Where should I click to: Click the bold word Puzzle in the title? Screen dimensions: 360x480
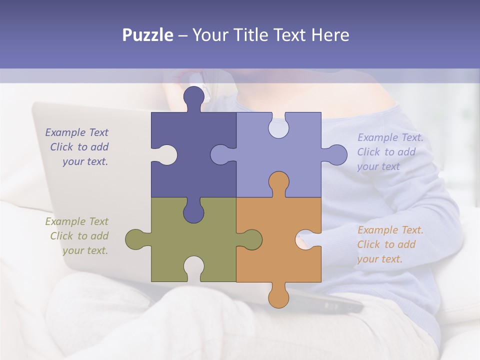(x=147, y=35)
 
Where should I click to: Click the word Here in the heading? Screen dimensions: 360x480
(x=330, y=35)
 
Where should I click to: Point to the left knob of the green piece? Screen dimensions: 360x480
(x=136, y=239)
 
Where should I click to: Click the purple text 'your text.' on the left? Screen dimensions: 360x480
(x=85, y=161)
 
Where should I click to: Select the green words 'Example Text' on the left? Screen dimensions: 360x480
(x=76, y=221)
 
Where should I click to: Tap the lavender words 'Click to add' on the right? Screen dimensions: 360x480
(x=386, y=152)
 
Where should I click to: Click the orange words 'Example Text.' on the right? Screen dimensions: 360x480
(x=390, y=230)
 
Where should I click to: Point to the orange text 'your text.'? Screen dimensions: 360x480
(x=379, y=259)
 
